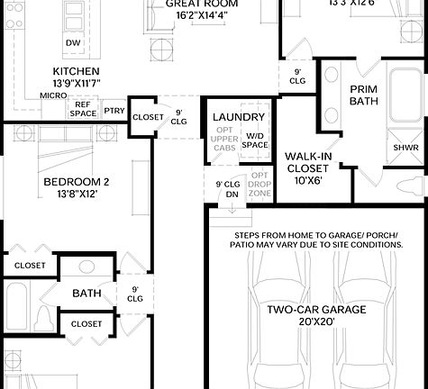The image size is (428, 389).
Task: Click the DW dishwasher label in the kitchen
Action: (73, 43)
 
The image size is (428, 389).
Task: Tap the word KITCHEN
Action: (76, 71)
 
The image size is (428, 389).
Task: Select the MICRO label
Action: (53, 95)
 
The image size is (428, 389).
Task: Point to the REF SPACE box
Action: (83, 109)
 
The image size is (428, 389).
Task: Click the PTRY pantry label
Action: (114, 112)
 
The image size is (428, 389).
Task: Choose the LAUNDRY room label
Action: (239, 118)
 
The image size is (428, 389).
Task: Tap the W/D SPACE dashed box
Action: (256, 140)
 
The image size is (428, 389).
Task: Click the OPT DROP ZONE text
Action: (260, 185)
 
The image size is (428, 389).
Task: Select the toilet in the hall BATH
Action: (42, 318)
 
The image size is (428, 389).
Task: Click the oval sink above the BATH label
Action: (87, 267)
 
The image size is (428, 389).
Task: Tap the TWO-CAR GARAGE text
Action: (316, 310)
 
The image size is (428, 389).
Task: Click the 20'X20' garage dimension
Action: (316, 324)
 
